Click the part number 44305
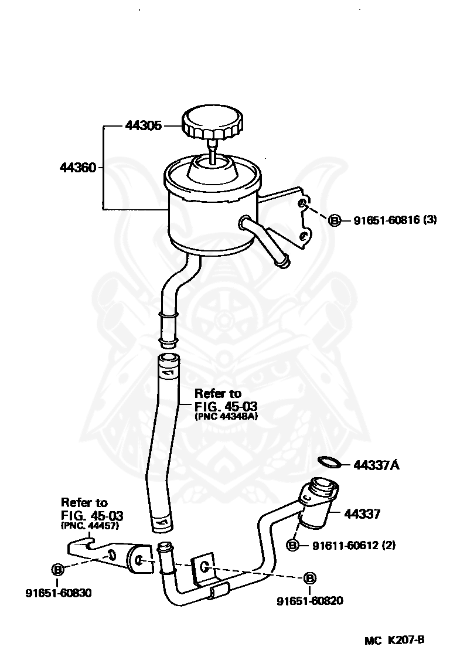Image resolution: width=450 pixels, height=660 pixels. point(143,125)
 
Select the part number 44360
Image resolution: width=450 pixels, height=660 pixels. point(78,168)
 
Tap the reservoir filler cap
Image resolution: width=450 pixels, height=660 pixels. point(211,121)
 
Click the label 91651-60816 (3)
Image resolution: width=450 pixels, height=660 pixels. point(395,220)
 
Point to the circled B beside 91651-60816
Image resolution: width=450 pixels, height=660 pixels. point(335,220)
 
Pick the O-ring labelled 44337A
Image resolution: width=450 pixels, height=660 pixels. point(330,462)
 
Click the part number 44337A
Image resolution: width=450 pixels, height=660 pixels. point(376,465)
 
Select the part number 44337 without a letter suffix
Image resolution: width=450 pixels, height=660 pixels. point(362,514)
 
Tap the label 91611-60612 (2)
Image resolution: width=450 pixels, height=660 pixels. point(353,546)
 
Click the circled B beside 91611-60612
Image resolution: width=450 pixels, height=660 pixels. point(292,546)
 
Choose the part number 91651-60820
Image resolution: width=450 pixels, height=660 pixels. point(310,600)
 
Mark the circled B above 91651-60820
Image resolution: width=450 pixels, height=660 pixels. point(310,579)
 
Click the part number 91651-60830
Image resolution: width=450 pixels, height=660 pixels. point(58,593)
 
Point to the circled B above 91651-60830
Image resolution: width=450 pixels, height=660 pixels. point(58,569)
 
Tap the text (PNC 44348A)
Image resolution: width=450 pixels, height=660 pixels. point(226,417)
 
